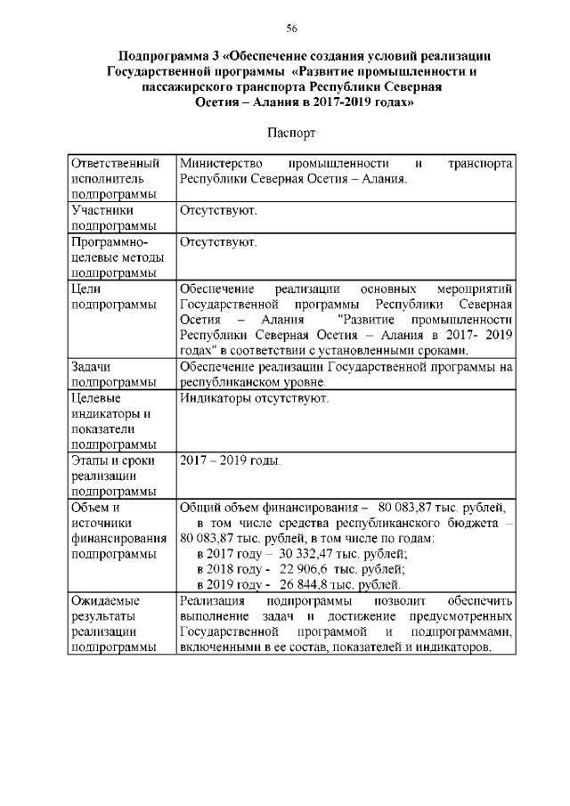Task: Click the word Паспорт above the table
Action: click(291, 133)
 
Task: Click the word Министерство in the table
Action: click(221, 164)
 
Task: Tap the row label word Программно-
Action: click(108, 241)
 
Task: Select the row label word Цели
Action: click(86, 288)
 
